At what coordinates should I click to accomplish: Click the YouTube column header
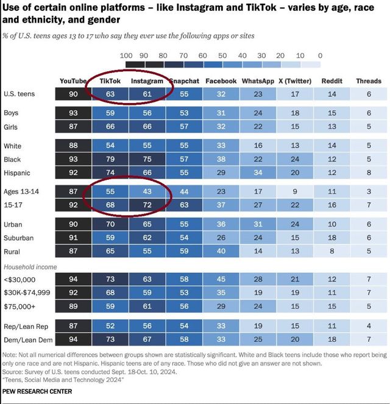[x=73, y=81]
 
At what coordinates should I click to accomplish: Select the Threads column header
[x=368, y=81]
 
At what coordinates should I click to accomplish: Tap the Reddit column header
[x=331, y=81]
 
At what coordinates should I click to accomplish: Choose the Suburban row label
[x=18, y=238]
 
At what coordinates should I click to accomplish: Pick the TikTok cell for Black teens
[x=110, y=159]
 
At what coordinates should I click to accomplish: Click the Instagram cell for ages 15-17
[x=147, y=205]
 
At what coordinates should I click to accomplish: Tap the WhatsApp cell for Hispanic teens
[x=258, y=172]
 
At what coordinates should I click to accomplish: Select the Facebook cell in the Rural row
[x=221, y=251]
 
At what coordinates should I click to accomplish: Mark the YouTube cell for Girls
[x=73, y=126]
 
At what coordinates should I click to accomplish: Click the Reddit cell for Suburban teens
[x=331, y=238]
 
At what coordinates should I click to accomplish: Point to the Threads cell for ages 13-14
[x=368, y=192]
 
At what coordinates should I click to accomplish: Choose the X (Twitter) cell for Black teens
[x=295, y=159]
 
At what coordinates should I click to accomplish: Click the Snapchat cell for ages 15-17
[x=184, y=205]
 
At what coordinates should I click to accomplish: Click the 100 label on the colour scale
[x=127, y=55]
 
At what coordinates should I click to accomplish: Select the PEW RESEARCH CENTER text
[x=38, y=391]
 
